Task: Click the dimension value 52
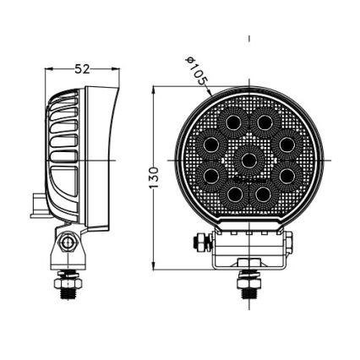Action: click(81, 69)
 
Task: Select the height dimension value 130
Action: click(153, 177)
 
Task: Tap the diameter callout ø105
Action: click(196, 71)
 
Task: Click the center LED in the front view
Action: click(248, 159)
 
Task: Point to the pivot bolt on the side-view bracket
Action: click(68, 243)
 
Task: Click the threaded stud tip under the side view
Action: click(66, 295)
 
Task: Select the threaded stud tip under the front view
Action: click(248, 297)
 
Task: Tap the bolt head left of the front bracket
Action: click(199, 243)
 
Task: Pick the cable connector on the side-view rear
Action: click(36, 206)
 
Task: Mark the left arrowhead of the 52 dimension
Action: click(47, 69)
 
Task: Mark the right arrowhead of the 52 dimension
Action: click(117, 69)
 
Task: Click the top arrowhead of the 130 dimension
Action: click(153, 89)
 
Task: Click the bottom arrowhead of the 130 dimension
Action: click(153, 268)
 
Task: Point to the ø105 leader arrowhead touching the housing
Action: click(213, 94)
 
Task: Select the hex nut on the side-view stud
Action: click(66, 277)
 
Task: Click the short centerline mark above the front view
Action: click(249, 39)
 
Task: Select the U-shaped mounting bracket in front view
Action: click(248, 254)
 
